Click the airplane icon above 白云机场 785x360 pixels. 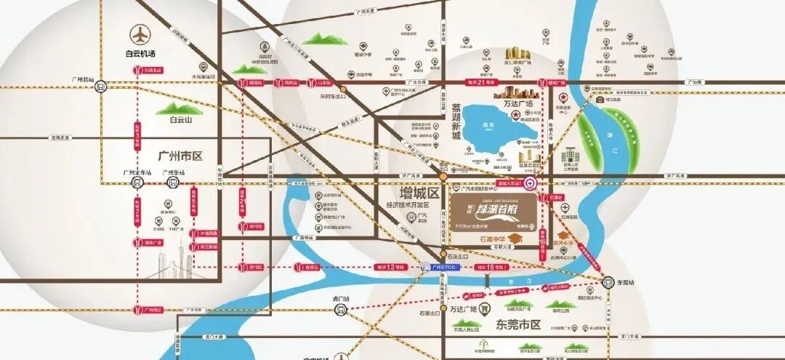coord(138,34)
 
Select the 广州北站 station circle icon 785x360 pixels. coord(100,85)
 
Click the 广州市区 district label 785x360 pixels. coord(179,156)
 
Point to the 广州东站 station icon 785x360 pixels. coord(172,183)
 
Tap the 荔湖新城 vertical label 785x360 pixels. coord(456,123)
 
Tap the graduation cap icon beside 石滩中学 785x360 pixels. coord(515,239)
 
